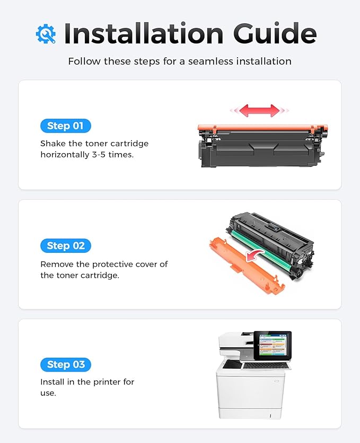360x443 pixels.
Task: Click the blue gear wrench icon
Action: click(x=46, y=33)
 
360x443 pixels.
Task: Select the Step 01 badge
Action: click(x=66, y=126)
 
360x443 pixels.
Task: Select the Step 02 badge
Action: click(x=66, y=245)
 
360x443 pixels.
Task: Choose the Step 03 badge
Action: click(x=66, y=365)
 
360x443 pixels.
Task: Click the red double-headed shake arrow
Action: click(x=259, y=110)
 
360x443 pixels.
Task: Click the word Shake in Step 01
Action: click(x=54, y=144)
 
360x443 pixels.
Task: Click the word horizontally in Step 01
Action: click(x=62, y=155)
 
